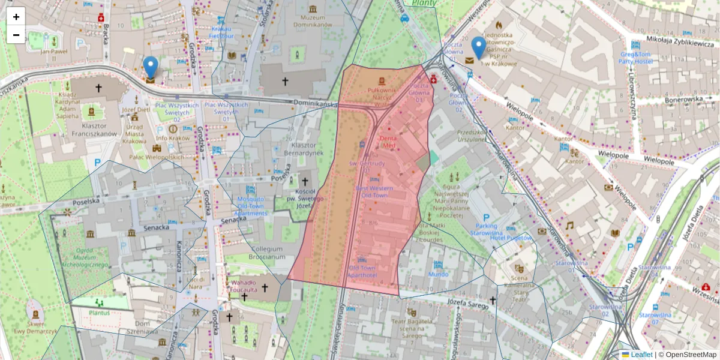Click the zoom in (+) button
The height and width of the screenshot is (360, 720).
(x=16, y=17)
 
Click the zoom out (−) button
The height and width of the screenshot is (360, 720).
(x=16, y=35)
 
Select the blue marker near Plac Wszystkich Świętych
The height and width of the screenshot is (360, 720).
(x=151, y=68)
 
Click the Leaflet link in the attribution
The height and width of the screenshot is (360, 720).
(x=641, y=355)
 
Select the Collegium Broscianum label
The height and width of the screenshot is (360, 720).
(x=268, y=253)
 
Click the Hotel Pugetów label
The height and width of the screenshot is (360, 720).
(x=511, y=238)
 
